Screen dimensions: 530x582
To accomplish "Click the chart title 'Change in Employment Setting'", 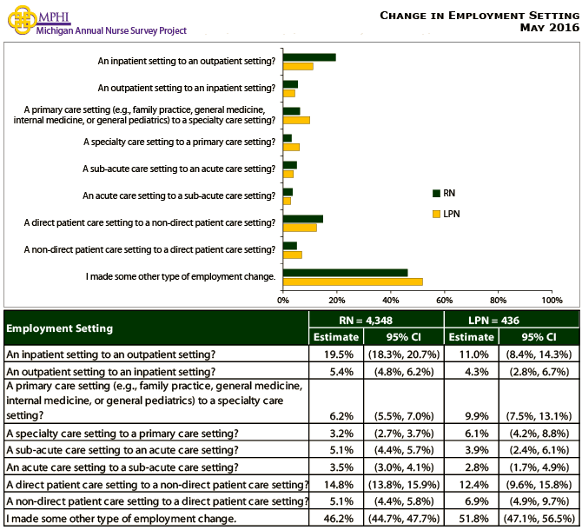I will coord(480,16).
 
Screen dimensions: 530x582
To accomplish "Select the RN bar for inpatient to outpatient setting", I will coord(309,57).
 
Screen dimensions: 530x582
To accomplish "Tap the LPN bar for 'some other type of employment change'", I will coord(353,282).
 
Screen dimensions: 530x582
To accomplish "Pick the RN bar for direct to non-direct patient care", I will coord(303,219).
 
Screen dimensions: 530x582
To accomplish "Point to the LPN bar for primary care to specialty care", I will coord(296,120).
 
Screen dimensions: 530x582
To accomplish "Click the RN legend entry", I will coord(442,193).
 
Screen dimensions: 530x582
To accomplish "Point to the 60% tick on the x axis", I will coord(444,300).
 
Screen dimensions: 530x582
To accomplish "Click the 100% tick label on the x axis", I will coord(552,300).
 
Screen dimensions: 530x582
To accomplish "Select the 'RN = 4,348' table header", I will coord(377,319).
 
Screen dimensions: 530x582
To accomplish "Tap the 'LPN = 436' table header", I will coord(511,319).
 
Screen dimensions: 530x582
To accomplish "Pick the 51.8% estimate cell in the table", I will coord(470,519).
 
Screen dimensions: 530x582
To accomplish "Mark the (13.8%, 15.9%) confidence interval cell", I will coord(403,483).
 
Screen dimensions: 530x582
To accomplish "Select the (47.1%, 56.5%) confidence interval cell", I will coord(536,519).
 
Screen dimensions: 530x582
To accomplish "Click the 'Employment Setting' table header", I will coord(59,328).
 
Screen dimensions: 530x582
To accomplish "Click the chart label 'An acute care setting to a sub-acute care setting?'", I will coord(178,195).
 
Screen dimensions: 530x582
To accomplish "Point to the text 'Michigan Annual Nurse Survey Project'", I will coord(112,30).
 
